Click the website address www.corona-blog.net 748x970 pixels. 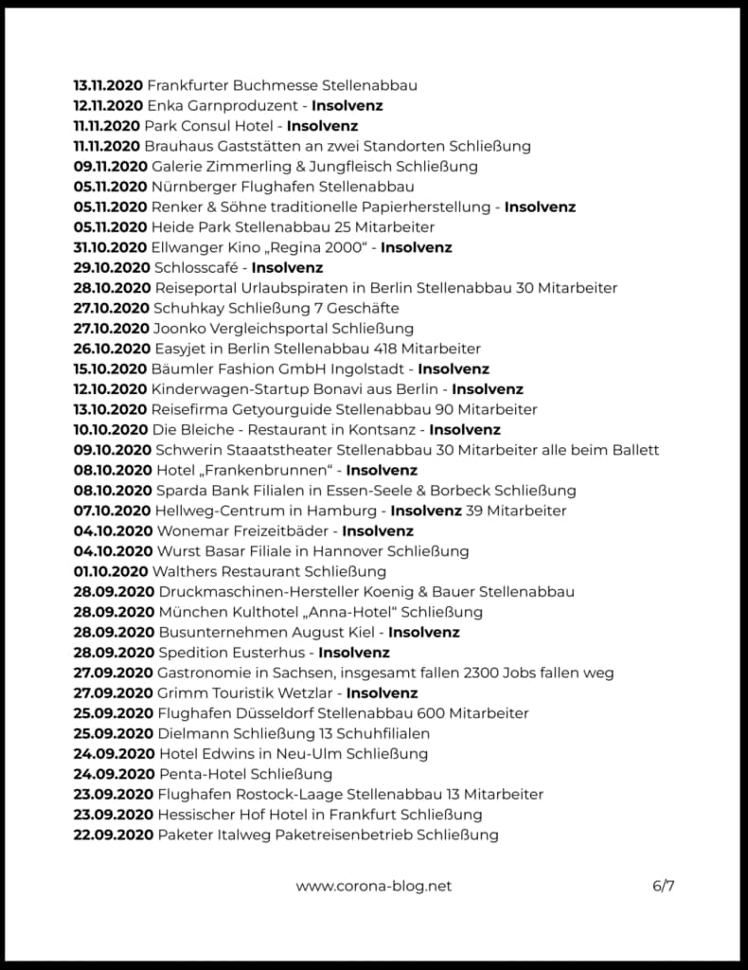point(373,887)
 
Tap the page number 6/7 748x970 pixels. point(663,887)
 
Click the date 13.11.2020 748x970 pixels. point(108,85)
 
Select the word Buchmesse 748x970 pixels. point(273,85)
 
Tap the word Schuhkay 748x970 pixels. point(185,308)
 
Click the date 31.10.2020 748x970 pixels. point(108,247)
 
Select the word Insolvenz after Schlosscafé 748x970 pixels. point(287,268)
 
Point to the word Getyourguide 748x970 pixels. point(292,409)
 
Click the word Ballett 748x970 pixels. point(634,450)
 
